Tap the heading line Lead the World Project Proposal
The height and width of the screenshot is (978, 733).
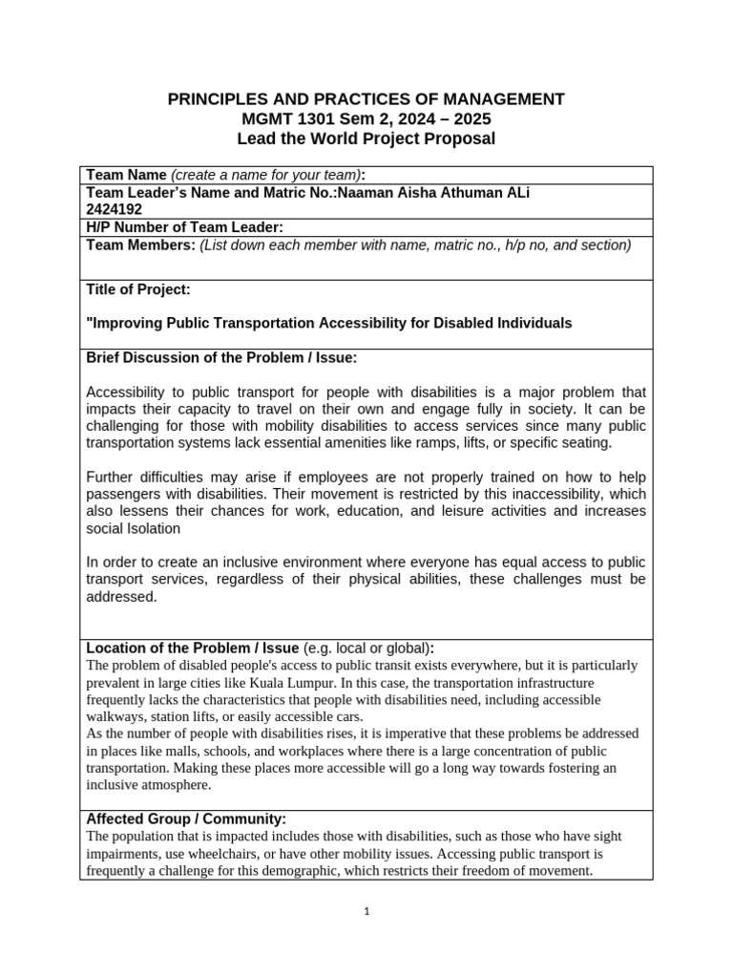[366, 139]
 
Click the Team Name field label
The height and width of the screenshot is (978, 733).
[126, 175]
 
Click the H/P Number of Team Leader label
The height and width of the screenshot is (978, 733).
[185, 227]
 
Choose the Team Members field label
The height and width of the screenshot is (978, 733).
[140, 245]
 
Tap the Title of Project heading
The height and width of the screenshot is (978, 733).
[138, 288]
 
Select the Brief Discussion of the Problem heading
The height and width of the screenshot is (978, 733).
[221, 357]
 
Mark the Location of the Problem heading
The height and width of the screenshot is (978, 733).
[192, 648]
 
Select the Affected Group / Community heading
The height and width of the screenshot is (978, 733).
[186, 819]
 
